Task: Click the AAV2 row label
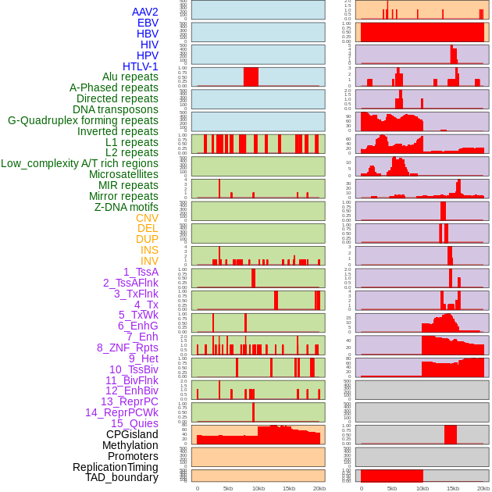145,12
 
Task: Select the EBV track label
148,23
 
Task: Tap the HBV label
148,34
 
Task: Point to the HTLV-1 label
141,66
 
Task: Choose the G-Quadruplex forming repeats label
83,120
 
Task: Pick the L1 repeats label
132,142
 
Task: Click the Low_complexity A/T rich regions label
80,163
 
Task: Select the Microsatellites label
123,174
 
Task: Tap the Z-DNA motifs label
127,207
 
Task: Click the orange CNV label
147,218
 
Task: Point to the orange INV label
149,261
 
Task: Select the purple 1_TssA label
141,272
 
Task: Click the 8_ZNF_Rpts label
127,348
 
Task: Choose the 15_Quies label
134,423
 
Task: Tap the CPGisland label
132,434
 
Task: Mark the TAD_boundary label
122,477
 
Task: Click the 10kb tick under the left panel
258,488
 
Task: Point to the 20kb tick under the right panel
483,488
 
